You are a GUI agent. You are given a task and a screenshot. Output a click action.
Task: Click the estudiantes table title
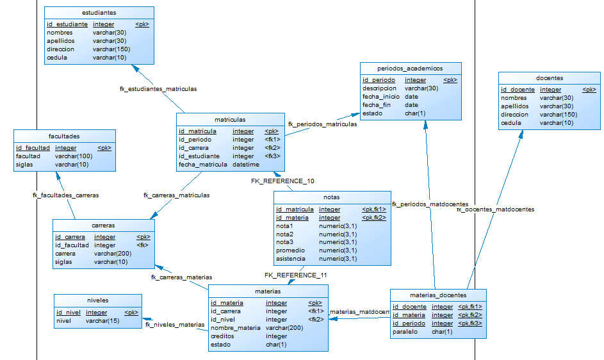click(99, 12)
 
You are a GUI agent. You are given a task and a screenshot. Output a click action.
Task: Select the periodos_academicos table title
click(410, 68)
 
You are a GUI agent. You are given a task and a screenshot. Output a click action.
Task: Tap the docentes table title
click(550, 78)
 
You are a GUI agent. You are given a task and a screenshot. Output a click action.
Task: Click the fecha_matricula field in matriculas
click(202, 164)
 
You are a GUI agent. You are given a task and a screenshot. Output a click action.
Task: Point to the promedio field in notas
click(290, 250)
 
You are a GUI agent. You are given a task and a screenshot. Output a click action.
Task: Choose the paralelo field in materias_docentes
click(405, 331)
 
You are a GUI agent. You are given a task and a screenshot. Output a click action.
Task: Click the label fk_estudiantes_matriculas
click(158, 89)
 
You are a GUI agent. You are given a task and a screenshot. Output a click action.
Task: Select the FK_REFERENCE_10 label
click(282, 181)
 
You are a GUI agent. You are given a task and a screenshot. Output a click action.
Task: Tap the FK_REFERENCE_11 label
click(296, 275)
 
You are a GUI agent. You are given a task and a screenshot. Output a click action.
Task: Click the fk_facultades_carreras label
click(65, 195)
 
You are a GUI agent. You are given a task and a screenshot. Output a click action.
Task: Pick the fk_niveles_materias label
click(175, 325)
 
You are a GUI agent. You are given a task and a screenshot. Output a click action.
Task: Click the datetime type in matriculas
click(246, 164)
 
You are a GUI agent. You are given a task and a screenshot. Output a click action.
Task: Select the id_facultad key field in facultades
click(33, 148)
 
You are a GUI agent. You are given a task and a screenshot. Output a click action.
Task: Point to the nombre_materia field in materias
click(235, 327)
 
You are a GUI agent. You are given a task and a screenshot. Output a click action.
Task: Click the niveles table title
click(97, 300)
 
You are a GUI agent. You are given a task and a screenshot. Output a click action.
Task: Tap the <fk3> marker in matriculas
click(272, 156)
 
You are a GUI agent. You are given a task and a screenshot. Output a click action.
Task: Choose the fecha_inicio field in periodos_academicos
click(380, 97)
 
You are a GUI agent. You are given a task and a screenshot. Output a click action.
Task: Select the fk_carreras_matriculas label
click(176, 195)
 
